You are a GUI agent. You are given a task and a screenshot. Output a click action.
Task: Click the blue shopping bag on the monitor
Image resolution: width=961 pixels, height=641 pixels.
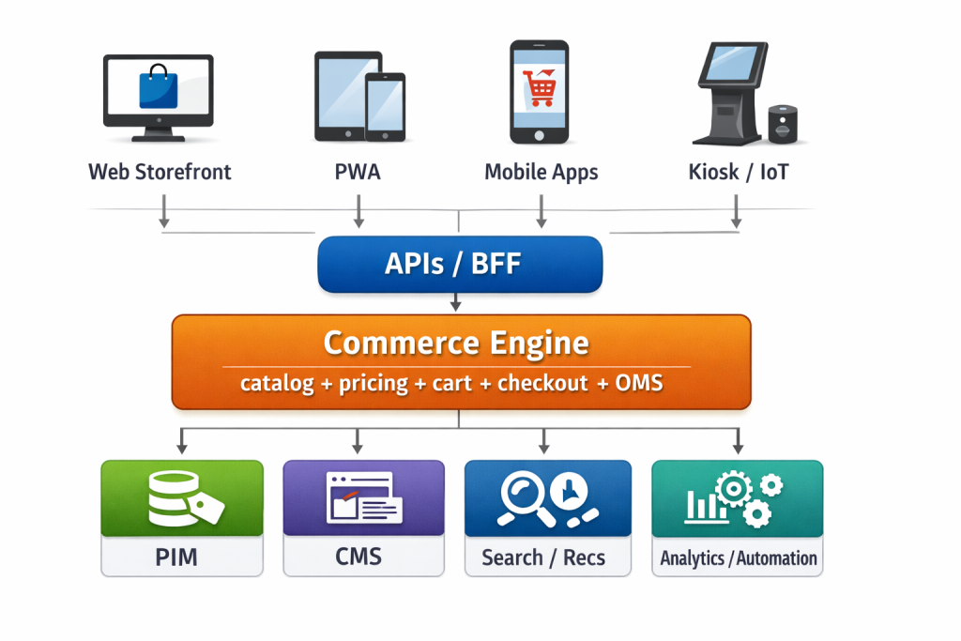pos(157,87)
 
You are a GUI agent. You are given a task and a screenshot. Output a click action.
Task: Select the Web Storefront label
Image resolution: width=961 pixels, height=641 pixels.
pos(160,173)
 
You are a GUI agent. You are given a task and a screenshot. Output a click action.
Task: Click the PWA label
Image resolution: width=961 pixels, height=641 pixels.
pos(358,173)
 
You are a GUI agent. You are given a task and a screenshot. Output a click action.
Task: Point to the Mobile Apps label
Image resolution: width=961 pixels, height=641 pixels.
pos(541,173)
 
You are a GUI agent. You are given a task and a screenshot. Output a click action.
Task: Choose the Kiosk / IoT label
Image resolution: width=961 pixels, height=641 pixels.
pos(737,173)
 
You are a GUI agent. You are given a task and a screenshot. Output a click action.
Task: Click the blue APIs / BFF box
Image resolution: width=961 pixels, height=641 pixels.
pos(459,265)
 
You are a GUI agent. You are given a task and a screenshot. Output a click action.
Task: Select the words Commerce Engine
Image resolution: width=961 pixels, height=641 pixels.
pos(456,343)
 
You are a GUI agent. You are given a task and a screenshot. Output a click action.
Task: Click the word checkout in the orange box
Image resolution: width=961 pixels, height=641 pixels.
pos(542,384)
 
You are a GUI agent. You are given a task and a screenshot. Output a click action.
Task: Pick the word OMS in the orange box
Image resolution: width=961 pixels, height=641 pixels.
pos(640,384)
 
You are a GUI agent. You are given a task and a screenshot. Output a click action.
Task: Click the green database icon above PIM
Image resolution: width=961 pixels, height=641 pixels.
pos(175,497)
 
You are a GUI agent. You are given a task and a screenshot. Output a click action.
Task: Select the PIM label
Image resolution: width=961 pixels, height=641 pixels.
pos(175,557)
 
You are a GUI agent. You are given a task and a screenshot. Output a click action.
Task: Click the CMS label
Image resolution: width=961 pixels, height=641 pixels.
pos(358,557)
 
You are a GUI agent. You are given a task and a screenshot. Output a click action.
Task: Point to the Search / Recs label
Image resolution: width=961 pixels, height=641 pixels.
pos(543,557)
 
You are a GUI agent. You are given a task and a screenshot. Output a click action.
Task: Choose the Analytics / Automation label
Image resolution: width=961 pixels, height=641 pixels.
pos(739,558)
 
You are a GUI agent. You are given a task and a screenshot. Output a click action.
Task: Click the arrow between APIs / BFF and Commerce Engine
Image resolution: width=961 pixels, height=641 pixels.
pos(456,302)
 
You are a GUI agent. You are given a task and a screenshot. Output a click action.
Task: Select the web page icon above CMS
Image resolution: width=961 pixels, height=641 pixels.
pos(362,497)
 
